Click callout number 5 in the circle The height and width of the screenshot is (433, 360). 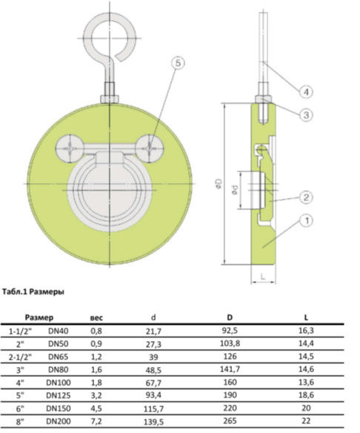179,63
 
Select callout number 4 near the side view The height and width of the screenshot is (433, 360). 306,91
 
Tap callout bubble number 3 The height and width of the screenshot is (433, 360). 306,115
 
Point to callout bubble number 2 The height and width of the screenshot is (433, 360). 306,197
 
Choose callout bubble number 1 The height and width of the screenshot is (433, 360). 306,220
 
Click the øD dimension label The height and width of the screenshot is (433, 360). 219,184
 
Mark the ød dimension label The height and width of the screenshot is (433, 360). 235,190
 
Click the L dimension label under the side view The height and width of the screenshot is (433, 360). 263,276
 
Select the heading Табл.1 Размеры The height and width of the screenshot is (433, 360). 33,291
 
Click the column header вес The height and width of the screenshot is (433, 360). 96,318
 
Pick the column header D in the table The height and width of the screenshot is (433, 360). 230,317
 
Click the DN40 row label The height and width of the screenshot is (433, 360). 59,331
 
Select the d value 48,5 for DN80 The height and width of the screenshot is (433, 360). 153,370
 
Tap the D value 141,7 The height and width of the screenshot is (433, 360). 230,369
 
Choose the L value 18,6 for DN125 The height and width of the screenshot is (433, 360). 306,395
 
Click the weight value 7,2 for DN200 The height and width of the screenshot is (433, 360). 96,421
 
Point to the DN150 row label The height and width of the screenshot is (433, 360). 59,409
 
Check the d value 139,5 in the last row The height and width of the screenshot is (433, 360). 153,422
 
